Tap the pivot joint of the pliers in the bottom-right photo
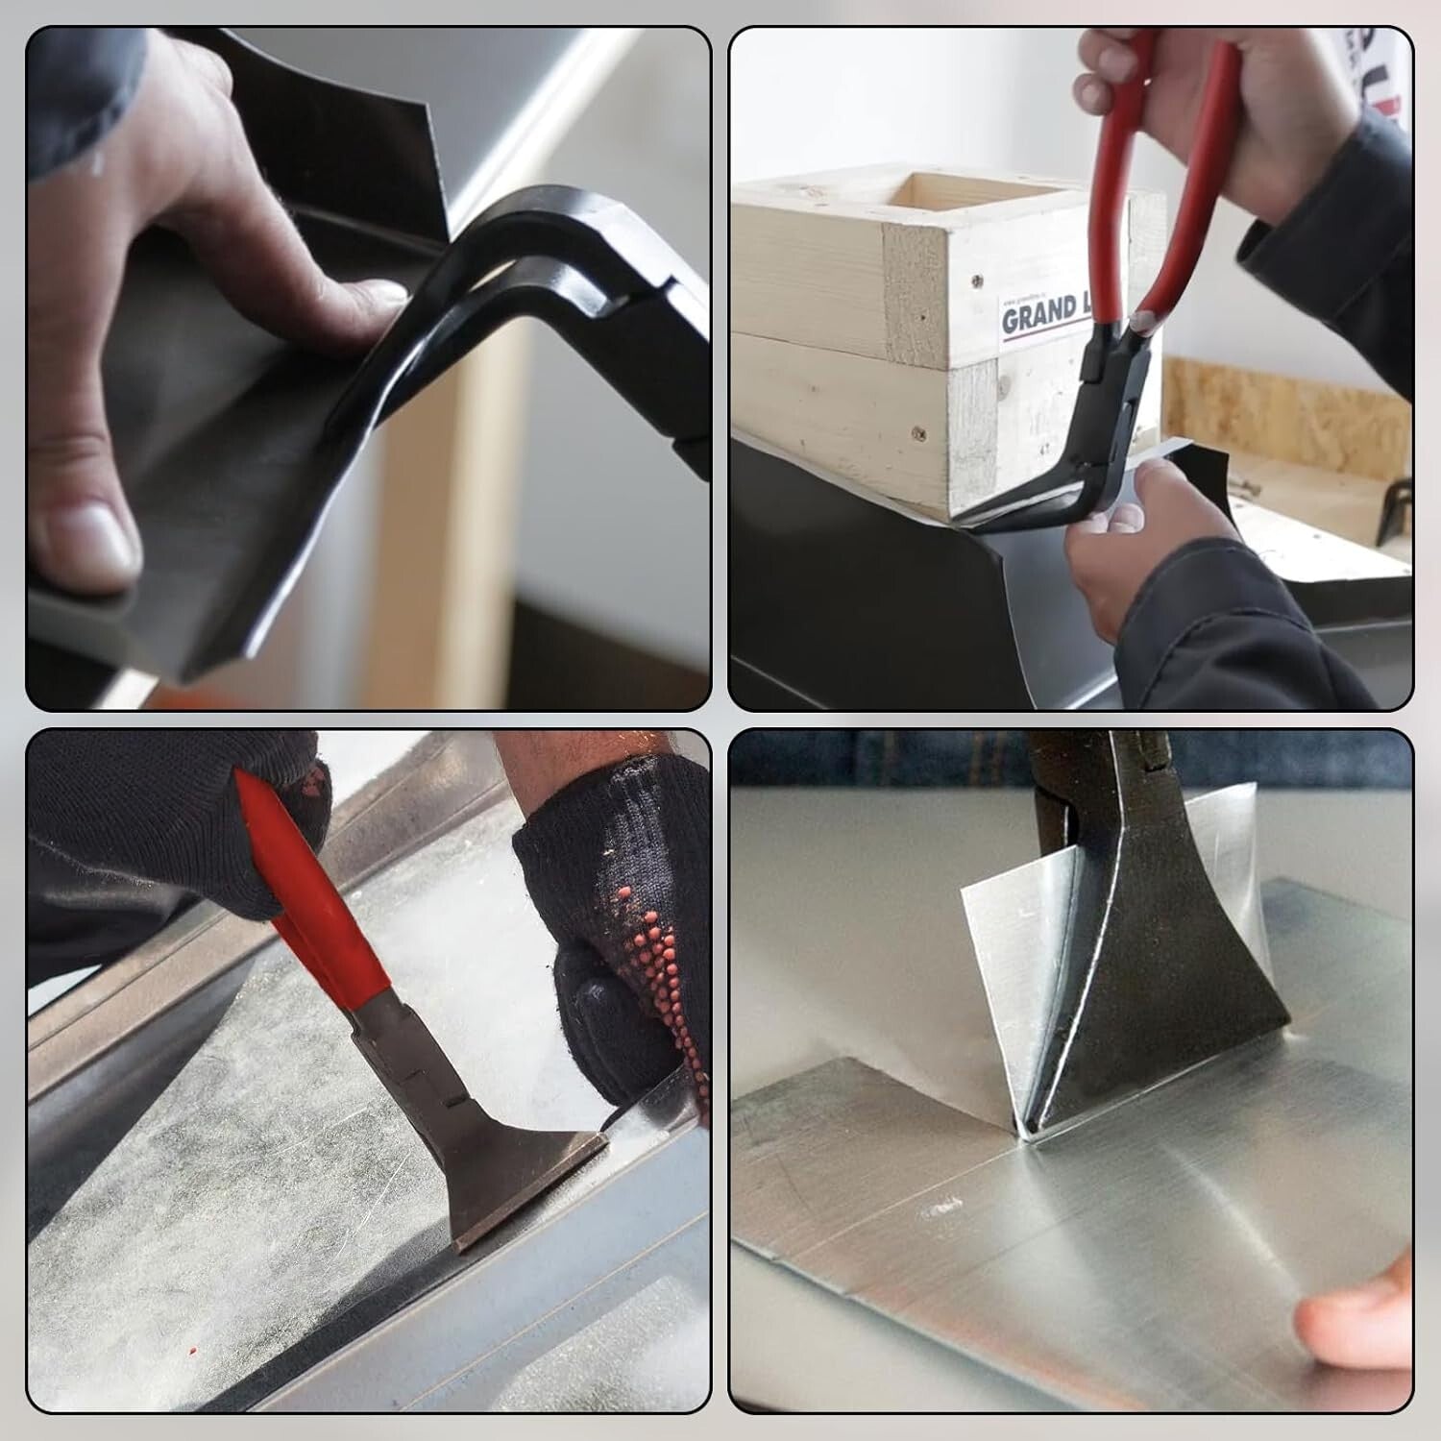tap(1062, 817)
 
